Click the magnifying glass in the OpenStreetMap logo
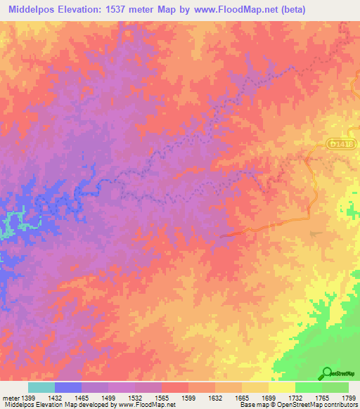[327, 372]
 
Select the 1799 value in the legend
[349, 398]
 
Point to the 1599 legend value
[189, 398]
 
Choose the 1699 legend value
[269, 398]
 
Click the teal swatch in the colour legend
[41, 387]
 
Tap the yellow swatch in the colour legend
[282, 387]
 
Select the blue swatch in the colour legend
[67, 387]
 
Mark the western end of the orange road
[222, 236]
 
